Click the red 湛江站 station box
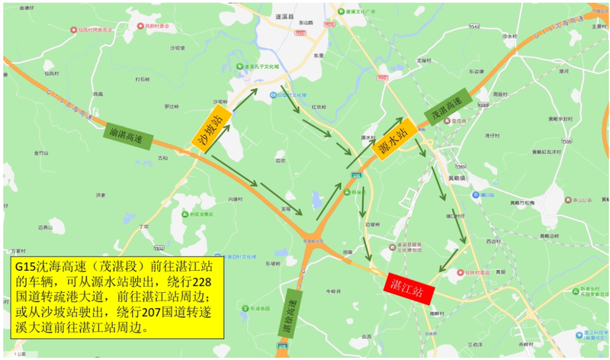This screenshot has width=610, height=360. [410, 288]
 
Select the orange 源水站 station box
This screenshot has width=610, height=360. [396, 137]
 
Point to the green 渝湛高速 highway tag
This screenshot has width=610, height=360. [127, 135]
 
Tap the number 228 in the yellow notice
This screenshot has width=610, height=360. [201, 282]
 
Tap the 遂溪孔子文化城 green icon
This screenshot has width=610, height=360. [239, 67]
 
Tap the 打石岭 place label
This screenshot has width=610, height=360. [143, 78]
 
